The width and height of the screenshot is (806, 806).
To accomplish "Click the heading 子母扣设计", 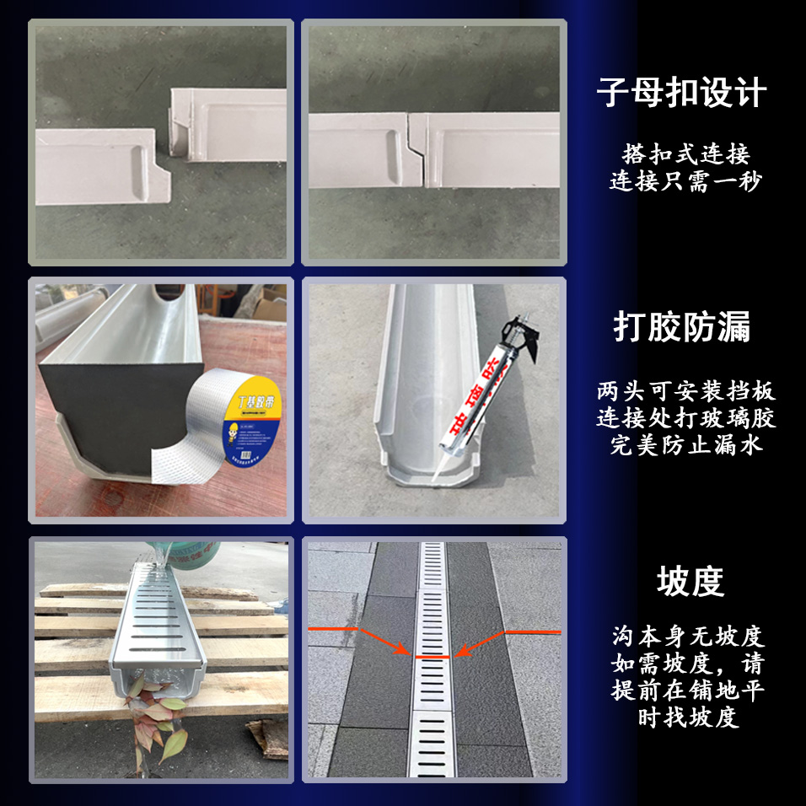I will click(x=681, y=92).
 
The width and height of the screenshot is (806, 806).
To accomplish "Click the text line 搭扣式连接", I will click(x=685, y=154).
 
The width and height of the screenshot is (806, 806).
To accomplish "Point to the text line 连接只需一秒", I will click(x=685, y=181).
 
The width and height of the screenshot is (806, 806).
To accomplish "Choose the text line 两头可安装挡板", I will click(x=685, y=392).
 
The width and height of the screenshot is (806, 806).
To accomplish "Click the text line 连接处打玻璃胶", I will click(x=685, y=418).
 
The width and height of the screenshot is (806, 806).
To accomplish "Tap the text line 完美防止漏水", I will click(x=685, y=444).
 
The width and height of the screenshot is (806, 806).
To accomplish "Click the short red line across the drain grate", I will click(x=433, y=655).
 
